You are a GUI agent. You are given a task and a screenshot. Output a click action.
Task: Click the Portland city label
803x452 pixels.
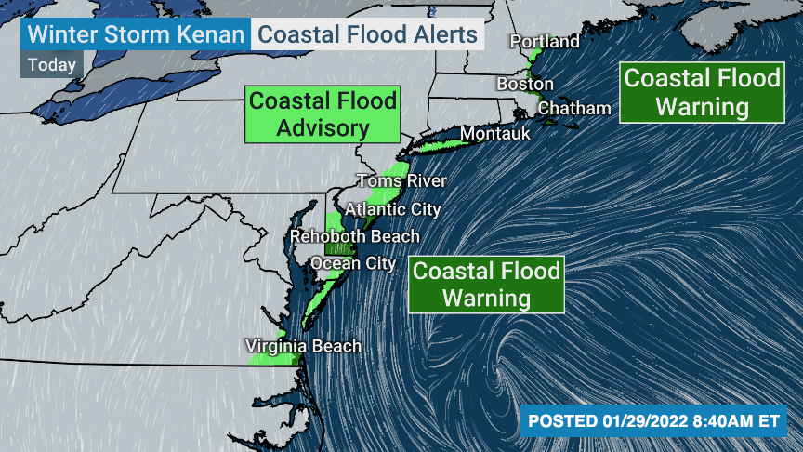click(x=545, y=42)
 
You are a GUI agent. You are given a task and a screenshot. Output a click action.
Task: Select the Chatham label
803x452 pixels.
click(x=574, y=109)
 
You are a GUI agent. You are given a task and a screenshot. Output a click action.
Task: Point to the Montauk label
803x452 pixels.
click(x=495, y=134)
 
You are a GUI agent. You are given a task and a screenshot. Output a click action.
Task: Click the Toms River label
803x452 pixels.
click(x=402, y=181)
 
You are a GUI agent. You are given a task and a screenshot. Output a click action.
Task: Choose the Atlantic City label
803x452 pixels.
click(x=392, y=209)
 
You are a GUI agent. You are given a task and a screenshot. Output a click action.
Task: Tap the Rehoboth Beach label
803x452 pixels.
click(x=354, y=237)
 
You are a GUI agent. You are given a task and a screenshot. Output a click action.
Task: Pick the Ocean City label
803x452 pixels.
click(x=353, y=263)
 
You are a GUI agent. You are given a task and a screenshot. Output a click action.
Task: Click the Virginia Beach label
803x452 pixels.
click(x=303, y=347)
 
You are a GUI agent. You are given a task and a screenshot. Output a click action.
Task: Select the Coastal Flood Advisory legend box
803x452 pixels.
click(x=323, y=114)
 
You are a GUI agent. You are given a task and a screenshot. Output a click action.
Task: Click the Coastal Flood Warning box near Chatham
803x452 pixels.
click(x=702, y=92)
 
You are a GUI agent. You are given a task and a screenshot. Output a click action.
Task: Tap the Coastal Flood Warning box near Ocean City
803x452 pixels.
click(x=486, y=285)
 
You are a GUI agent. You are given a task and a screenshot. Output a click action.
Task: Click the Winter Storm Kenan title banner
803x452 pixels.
click(x=137, y=35)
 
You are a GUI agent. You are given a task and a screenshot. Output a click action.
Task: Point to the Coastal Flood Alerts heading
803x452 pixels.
click(x=367, y=35)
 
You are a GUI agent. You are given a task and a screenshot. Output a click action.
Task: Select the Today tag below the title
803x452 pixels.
click(x=52, y=65)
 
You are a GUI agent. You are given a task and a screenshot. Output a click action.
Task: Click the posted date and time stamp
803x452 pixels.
click(x=653, y=421)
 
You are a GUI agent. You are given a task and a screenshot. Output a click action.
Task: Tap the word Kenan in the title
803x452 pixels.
click(x=212, y=35)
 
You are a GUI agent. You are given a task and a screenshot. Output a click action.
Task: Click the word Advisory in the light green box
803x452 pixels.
click(x=323, y=127)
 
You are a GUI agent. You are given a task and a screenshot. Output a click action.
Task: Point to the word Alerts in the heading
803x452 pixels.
click(x=445, y=35)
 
